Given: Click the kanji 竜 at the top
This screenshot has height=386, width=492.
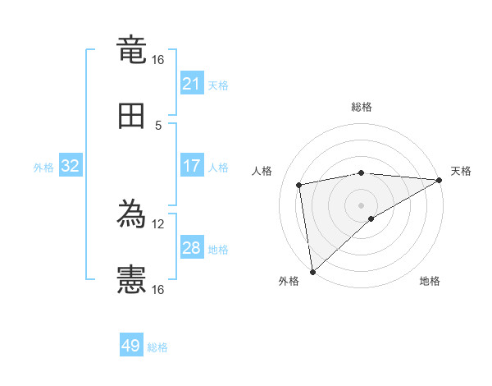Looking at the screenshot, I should click(x=131, y=51).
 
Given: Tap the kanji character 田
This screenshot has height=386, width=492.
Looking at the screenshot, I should click(x=131, y=117).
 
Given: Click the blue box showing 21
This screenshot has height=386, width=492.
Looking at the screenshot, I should click(x=192, y=84).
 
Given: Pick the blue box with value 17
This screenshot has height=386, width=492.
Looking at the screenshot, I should click(x=192, y=166).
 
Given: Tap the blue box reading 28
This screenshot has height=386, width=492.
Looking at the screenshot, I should click(x=192, y=248).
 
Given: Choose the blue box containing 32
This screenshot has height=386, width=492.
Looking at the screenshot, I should click(x=71, y=166).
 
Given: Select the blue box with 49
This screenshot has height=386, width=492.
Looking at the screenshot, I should click(x=131, y=346).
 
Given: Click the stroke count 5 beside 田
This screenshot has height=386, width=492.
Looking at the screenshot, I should click(x=158, y=125).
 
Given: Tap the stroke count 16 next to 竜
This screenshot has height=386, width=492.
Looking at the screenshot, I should click(x=157, y=59).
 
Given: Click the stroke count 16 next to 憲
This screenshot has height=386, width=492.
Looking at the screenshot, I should click(x=157, y=289).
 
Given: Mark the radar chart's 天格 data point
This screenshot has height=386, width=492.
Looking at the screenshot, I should click(x=440, y=180).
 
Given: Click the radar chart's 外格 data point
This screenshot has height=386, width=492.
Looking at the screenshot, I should click(x=312, y=271).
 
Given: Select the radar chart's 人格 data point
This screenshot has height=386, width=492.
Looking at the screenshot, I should click(x=300, y=185).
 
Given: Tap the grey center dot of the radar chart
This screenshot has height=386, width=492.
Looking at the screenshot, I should click(x=362, y=204).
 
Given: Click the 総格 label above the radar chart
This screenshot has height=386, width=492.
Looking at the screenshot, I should click(x=362, y=107).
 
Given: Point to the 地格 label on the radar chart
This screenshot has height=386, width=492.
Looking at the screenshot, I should click(x=430, y=281).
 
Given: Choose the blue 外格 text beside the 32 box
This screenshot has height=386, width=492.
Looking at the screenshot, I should click(x=43, y=167).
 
